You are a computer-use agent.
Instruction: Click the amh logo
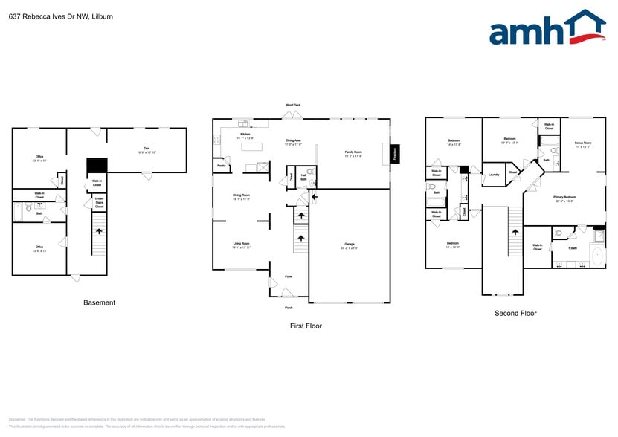coord(547,30)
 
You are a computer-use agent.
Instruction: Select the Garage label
coord(350,246)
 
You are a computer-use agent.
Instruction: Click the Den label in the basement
coord(139,150)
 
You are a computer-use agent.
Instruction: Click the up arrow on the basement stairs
coord(98,230)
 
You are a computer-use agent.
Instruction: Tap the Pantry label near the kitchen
coord(222,166)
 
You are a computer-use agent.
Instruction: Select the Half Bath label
coord(303,177)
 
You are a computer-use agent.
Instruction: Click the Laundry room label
coord(493,175)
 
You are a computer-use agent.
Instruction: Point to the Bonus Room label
coord(582,144)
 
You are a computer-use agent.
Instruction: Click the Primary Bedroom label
coord(564,198)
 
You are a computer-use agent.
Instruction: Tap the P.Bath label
coord(573,247)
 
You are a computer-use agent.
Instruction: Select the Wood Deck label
coord(293,106)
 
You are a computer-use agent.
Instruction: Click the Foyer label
coord(289,276)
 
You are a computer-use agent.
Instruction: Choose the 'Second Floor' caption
coord(515,314)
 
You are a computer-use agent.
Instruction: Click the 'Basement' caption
coord(99,302)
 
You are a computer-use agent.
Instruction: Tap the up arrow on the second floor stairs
coord(514,231)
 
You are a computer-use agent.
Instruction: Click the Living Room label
coord(241,245)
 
